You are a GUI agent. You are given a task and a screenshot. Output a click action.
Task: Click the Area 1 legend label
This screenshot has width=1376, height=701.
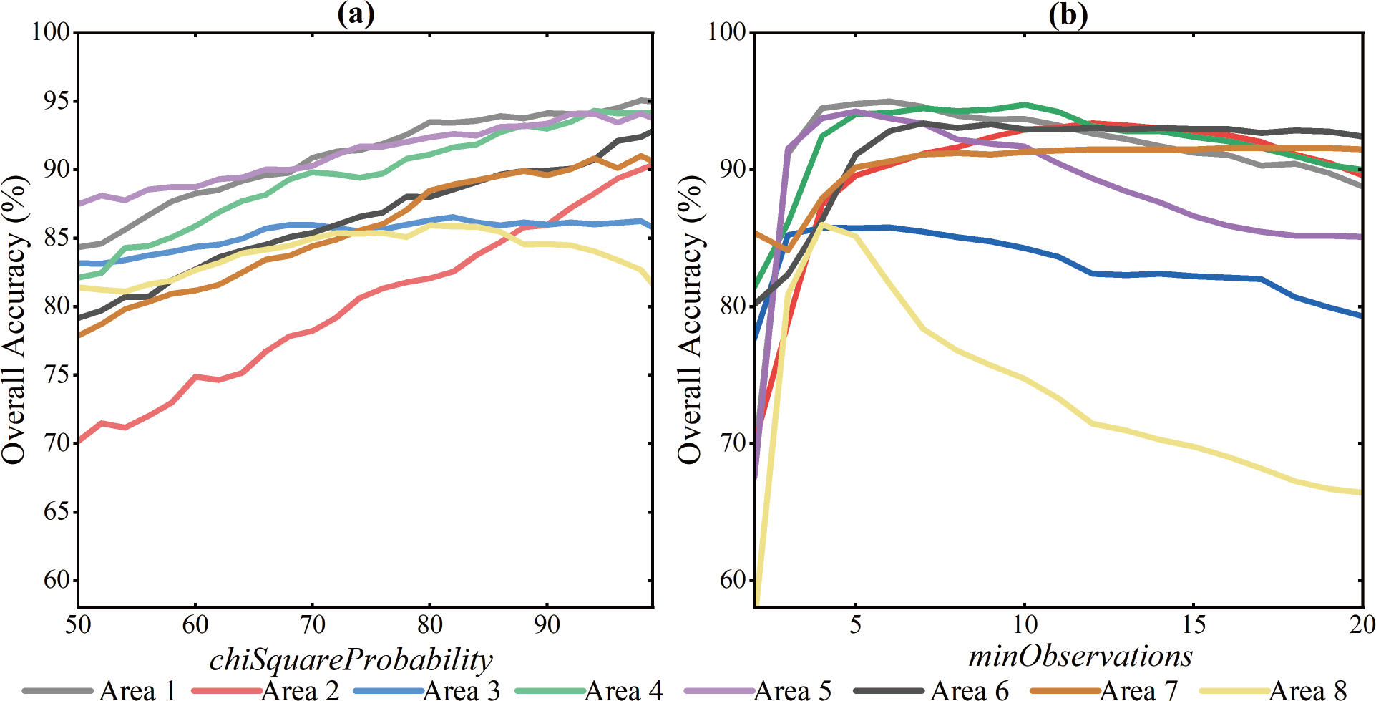[137, 690]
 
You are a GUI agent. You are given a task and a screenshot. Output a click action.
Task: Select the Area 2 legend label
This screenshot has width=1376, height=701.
[300, 690]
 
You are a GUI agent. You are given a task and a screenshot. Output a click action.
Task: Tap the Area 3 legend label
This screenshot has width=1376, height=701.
[462, 690]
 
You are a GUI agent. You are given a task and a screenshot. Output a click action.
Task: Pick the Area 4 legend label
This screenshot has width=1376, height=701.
[623, 690]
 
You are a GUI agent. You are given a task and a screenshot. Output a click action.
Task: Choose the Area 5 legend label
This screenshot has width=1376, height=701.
[793, 690]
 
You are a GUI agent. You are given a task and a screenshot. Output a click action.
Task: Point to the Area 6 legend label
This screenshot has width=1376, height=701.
[969, 690]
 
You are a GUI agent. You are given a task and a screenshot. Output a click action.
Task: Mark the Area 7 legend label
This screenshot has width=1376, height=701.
[1138, 690]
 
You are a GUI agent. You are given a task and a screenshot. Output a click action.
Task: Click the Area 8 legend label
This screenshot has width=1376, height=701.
[1307, 690]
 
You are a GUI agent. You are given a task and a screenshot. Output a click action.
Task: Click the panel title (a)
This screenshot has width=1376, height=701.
[356, 14]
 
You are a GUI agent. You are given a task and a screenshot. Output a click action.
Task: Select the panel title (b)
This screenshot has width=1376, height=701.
[1068, 14]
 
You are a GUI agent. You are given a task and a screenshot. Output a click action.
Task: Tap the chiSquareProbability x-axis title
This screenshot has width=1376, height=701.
[351, 659]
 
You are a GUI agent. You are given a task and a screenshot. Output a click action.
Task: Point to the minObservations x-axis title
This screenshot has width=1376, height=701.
[1080, 656]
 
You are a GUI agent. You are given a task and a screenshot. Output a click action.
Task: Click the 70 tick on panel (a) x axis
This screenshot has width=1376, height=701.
[312, 624]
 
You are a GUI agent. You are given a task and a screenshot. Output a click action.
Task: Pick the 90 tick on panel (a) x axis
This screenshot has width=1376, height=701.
[547, 624]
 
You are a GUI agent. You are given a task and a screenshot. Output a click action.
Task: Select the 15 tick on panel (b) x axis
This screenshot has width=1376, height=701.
[1194, 624]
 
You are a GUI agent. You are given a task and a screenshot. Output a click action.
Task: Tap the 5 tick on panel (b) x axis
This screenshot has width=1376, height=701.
[855, 624]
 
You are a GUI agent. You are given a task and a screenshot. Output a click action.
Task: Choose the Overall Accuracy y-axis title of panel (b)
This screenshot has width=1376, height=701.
[690, 319]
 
